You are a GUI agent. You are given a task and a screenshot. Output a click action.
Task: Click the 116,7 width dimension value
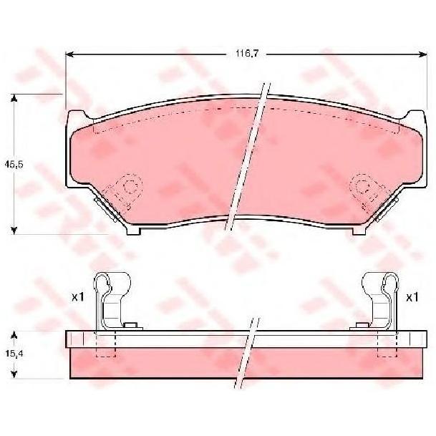[x=247, y=54]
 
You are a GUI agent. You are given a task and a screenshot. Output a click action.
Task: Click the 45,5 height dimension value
[x=14, y=165]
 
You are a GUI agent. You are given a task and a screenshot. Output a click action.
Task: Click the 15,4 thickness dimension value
[x=14, y=354]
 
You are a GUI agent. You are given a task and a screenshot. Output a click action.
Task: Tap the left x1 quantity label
[x=78, y=298]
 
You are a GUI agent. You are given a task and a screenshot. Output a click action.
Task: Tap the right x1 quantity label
[x=412, y=298]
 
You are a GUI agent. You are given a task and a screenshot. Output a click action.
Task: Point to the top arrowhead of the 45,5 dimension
[x=14, y=98]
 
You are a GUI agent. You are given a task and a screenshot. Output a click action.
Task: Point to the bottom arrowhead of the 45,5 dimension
[x=14, y=231]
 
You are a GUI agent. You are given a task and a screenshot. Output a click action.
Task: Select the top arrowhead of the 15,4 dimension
[x=14, y=335]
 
